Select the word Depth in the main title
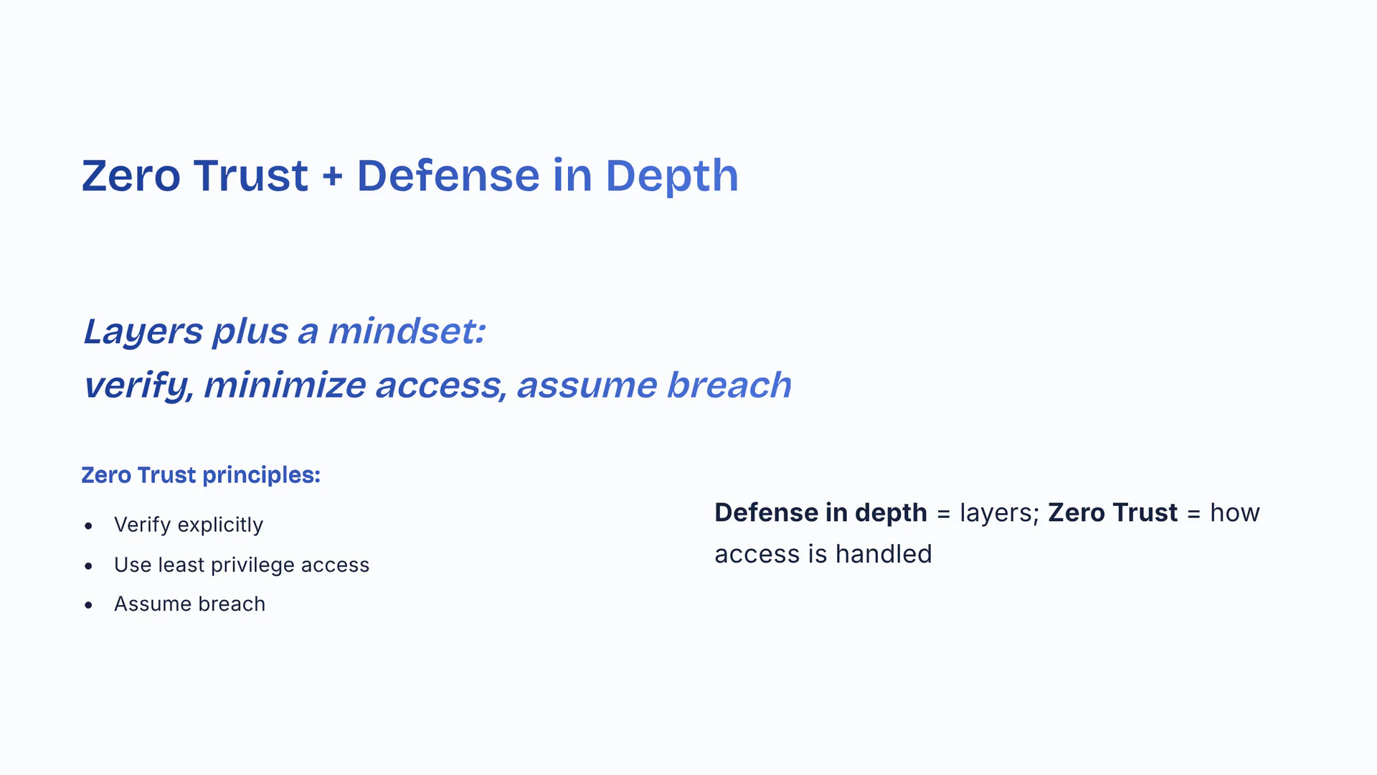coord(671,176)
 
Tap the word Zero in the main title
coord(131,176)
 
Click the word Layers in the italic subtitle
coord(143,332)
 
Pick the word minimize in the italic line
coord(284,385)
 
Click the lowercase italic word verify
coord(137,386)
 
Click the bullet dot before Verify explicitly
coord(88,526)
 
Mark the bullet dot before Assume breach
coord(88,605)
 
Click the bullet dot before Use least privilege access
coord(88,566)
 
